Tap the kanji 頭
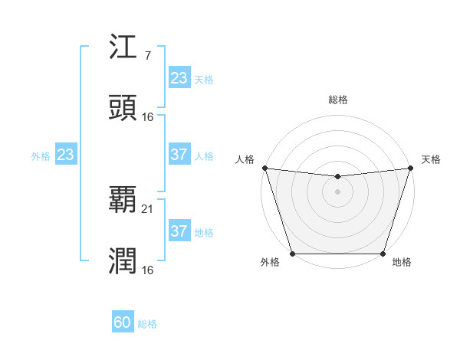(123, 108)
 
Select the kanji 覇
(123, 200)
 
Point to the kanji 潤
(123, 261)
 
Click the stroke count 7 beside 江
(147, 57)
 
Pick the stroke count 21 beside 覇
(149, 208)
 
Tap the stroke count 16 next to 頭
(149, 116)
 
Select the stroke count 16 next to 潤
(149, 270)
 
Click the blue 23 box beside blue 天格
(179, 77)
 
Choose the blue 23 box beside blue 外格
(66, 155)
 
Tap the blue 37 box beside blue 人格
(179, 155)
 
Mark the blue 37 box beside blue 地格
(179, 231)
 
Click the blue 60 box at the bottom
(123, 322)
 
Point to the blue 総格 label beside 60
(147, 324)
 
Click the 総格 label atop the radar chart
(337, 100)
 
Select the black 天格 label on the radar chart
(431, 159)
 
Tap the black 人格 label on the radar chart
(245, 159)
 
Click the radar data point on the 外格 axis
(292, 254)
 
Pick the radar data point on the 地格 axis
(383, 254)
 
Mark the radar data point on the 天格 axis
(412, 168)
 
